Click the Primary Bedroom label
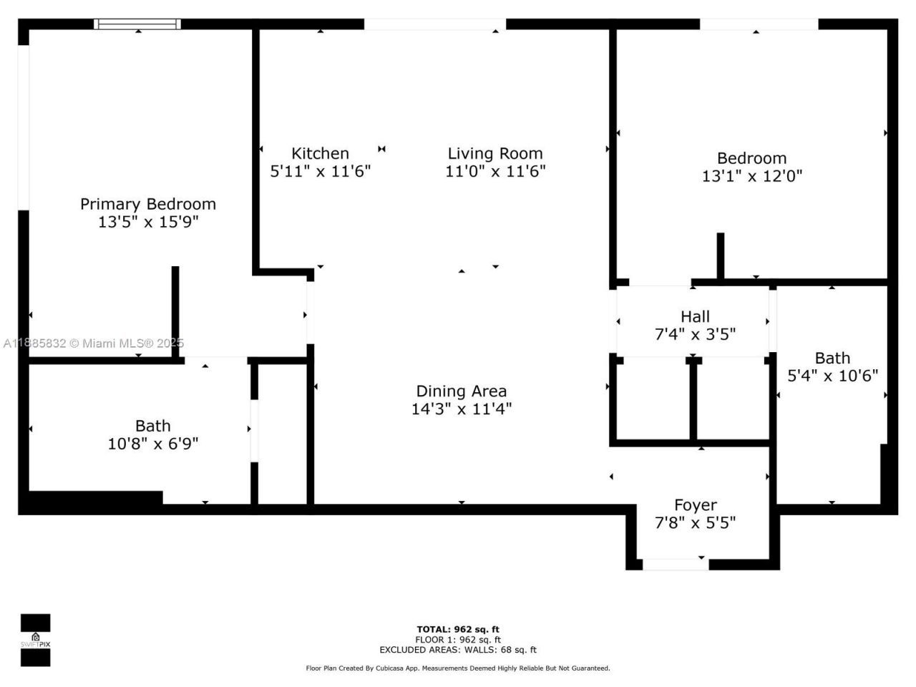click(148, 204)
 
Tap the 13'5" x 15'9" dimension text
click(148, 223)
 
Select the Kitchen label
click(320, 153)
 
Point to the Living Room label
click(495, 153)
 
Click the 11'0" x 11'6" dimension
click(495, 172)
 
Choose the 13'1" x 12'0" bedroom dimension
click(752, 176)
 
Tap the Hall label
click(695, 316)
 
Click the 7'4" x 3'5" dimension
click(695, 334)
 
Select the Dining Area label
click(462, 391)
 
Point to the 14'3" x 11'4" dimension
click(462, 409)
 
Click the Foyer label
click(695, 505)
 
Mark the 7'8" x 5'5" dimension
click(695, 523)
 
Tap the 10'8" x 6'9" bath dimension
click(153, 444)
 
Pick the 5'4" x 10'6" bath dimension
click(832, 376)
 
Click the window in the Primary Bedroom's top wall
click(137, 24)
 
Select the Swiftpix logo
click(35, 640)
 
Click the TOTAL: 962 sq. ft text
click(458, 630)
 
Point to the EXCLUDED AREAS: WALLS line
click(458, 650)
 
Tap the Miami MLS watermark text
click(93, 343)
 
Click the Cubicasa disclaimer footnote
click(458, 668)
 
